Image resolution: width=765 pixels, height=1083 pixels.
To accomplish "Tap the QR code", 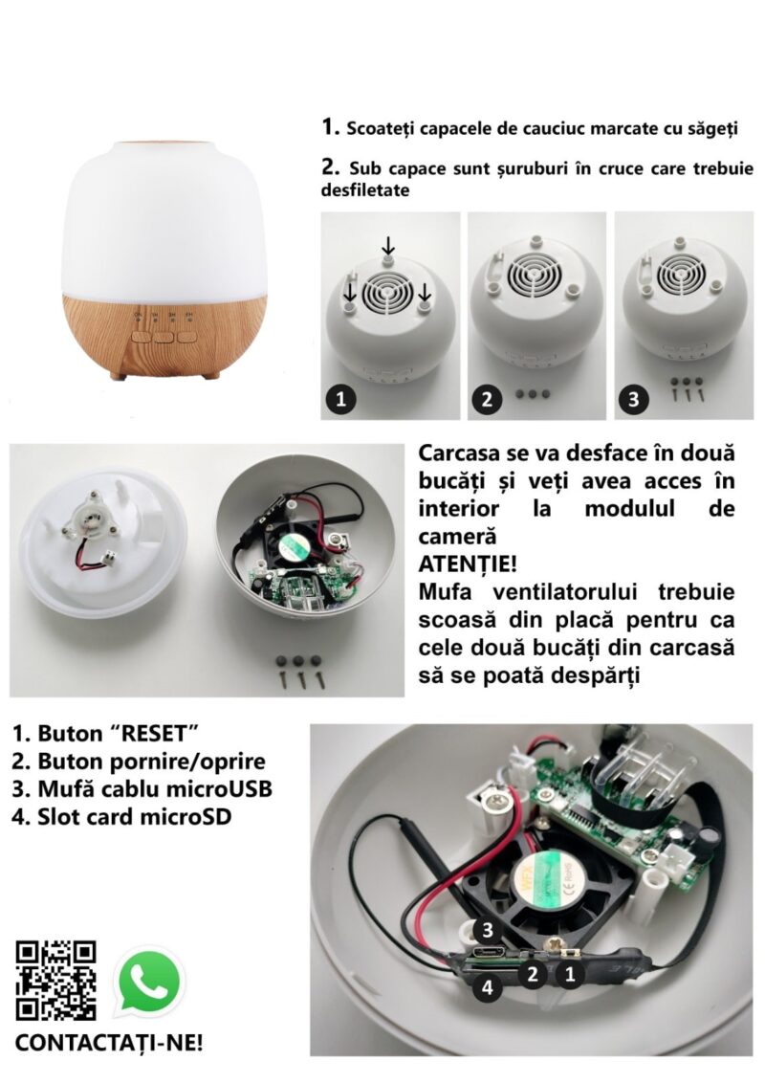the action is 55,981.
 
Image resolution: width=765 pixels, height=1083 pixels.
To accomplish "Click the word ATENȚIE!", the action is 468,564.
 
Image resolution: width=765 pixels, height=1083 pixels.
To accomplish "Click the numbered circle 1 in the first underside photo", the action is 340,399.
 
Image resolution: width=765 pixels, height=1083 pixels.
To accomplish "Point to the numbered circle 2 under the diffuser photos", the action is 488,399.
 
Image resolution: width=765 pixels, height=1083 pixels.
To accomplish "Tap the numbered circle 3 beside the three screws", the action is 634,399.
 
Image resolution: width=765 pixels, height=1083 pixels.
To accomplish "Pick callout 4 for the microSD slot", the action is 488,987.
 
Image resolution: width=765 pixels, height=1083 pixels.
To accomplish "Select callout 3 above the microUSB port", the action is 488,930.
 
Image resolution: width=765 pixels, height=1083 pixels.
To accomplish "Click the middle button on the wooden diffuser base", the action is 164,338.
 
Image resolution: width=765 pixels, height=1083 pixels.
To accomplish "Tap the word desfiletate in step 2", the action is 365,190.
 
